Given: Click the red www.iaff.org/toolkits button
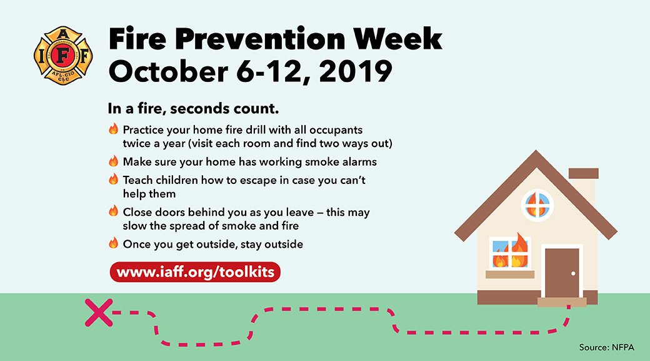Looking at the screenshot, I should point(195,273).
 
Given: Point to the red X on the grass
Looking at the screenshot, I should point(98,313).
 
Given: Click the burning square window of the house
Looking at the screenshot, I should point(509,253).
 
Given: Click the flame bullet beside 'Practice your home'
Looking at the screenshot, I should point(113,129).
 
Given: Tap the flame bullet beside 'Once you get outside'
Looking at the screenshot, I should point(113,243).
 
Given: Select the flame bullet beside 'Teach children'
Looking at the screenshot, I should point(113,179).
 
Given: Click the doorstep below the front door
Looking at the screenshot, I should point(561,302).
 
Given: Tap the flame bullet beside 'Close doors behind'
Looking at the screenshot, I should point(113,211).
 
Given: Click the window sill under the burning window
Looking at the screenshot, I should point(509,274).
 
